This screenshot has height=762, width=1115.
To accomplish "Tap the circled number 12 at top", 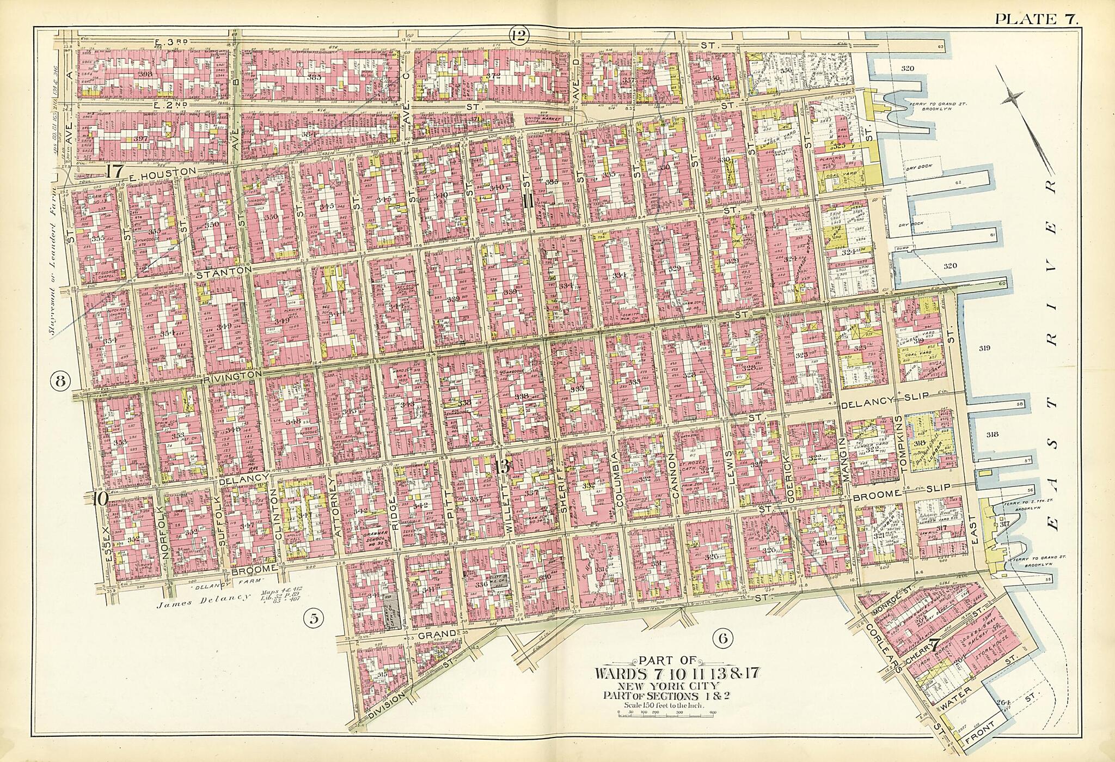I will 518,36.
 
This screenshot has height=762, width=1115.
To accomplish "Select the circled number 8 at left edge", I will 60,381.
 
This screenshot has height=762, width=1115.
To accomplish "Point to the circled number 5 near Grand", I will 314,617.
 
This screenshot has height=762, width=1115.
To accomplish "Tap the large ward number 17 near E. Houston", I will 115,171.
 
